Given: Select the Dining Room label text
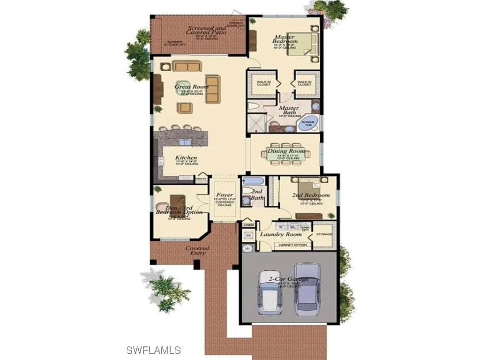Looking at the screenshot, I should (x=286, y=151).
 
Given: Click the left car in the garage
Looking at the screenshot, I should (x=268, y=294).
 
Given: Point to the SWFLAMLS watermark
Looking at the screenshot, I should (x=154, y=350).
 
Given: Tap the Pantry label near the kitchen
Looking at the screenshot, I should (x=201, y=179).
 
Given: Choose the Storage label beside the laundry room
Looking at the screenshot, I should (x=324, y=234).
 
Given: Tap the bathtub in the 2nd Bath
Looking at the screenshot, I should (x=253, y=181).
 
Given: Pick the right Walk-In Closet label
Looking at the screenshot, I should (x=304, y=83).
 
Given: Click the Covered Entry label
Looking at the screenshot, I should (x=197, y=250).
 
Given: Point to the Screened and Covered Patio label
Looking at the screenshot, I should (x=207, y=30).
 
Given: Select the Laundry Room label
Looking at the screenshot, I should (x=281, y=234).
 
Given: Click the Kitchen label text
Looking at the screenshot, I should (x=186, y=157).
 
